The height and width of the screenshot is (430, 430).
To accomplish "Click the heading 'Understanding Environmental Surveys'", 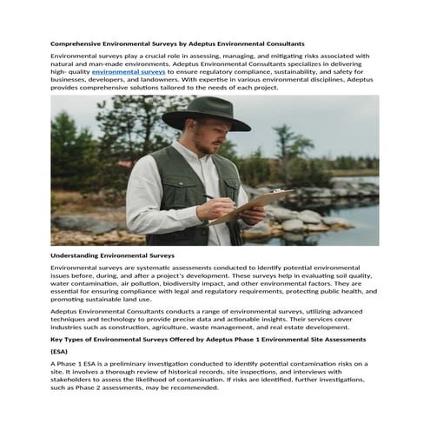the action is click(112, 256).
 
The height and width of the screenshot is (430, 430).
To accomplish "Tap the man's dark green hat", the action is click(206, 113).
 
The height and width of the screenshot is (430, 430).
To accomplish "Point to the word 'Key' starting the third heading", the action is click(56, 338).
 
